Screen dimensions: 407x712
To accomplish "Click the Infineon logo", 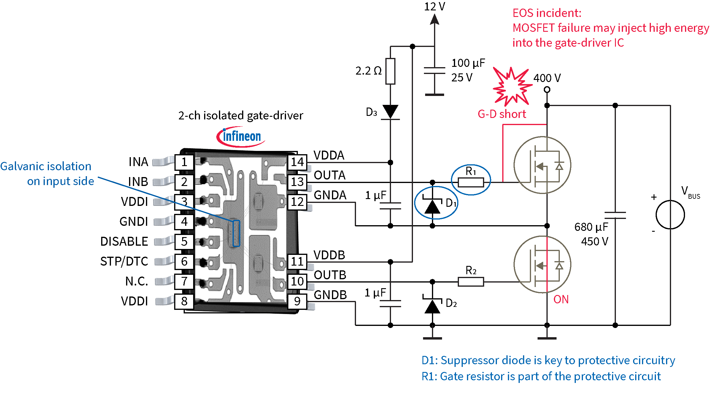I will click(241, 137).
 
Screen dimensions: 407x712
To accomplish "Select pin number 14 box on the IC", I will click(297, 162).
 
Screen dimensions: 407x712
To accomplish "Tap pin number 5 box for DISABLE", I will click(184, 242).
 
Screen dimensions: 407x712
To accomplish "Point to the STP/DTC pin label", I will click(124, 261).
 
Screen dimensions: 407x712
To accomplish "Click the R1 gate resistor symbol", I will click(471, 182).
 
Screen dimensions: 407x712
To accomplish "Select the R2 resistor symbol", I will click(471, 282).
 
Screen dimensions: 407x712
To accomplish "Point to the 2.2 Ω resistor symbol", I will click(390, 71).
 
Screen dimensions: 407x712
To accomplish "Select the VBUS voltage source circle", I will click(670, 214).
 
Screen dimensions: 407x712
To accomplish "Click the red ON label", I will click(561, 299).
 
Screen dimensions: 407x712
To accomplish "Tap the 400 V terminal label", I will click(547, 78).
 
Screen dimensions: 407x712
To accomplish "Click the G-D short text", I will click(502, 114).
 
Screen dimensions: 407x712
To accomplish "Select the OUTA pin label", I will click(330, 175).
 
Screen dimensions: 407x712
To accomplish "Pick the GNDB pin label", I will click(330, 295).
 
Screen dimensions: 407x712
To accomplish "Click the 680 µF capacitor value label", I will click(591, 227).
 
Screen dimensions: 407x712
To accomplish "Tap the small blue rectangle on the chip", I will click(236, 233).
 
